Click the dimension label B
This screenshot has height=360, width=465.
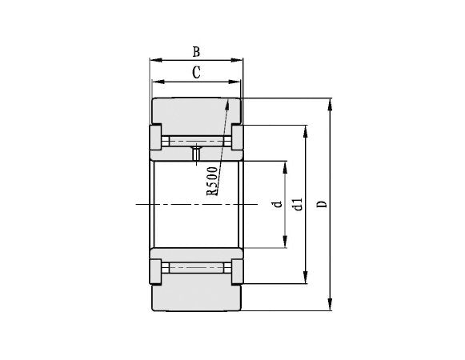(196, 52)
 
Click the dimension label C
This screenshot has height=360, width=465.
(196, 73)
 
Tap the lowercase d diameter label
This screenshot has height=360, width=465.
(278, 205)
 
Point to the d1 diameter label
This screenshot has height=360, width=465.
(298, 205)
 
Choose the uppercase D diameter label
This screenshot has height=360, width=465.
(322, 205)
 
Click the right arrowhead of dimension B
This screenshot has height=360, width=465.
(240, 60)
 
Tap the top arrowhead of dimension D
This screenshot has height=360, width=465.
(331, 102)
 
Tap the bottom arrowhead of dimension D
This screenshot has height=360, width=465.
(331, 307)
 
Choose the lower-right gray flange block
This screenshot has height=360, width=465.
(238, 272)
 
